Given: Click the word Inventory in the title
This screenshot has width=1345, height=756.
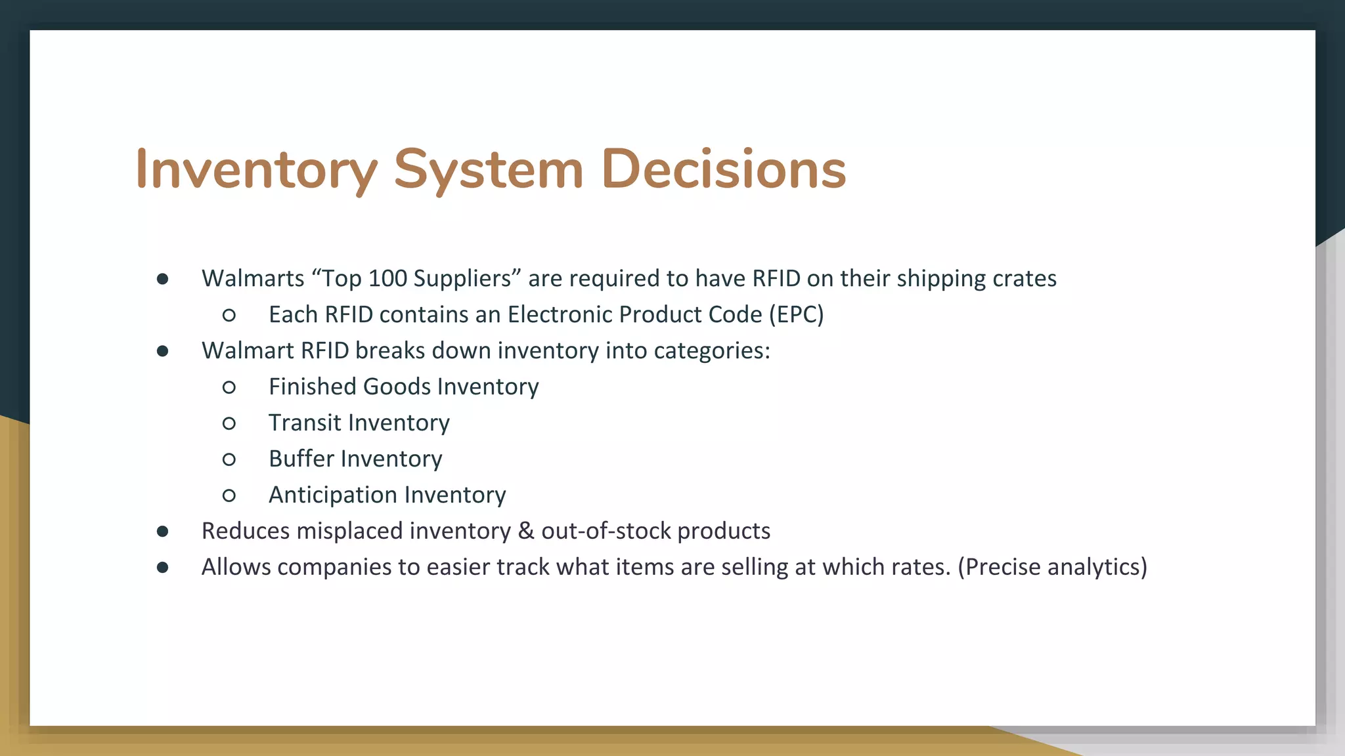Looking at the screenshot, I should pyautogui.click(x=256, y=169).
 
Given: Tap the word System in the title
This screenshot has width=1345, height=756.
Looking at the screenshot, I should pyautogui.click(x=489, y=169).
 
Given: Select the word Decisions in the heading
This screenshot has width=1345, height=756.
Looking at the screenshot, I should pyautogui.click(x=723, y=169).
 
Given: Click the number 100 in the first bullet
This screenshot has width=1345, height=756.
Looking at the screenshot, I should pyautogui.click(x=387, y=278).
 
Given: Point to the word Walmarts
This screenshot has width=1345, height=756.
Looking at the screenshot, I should pyautogui.click(x=253, y=278).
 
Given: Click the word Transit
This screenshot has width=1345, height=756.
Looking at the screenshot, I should pyautogui.click(x=304, y=423).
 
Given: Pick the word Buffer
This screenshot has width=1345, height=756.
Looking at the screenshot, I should pyautogui.click(x=301, y=459).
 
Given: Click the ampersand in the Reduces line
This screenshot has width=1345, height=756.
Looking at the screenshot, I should pyautogui.click(x=526, y=531).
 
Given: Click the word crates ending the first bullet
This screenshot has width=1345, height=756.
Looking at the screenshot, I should pyautogui.click(x=1025, y=278).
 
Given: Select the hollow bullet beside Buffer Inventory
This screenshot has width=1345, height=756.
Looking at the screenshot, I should pyautogui.click(x=229, y=459).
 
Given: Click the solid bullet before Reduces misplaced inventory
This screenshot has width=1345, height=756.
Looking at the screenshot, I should pyautogui.click(x=162, y=531).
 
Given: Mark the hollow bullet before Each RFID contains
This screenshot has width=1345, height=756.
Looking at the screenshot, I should pyautogui.click(x=229, y=315).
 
